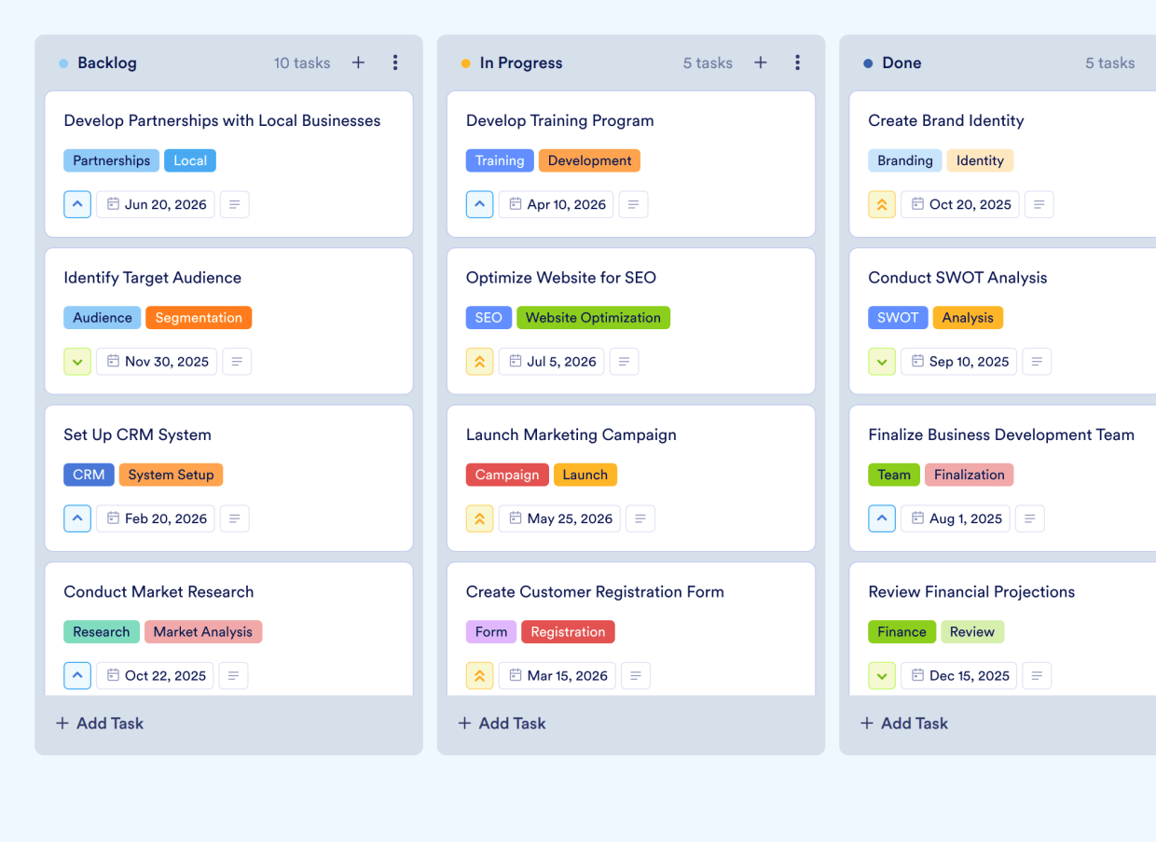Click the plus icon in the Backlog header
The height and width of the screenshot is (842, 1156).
(x=358, y=62)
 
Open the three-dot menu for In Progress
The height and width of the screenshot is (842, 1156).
(x=797, y=62)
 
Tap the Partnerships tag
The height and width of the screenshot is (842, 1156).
(x=111, y=160)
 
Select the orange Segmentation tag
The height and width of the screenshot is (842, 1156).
(x=199, y=318)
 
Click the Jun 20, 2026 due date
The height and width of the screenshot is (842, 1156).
(x=156, y=204)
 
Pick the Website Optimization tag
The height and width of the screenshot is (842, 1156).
(x=593, y=318)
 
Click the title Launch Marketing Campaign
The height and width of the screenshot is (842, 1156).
(x=571, y=435)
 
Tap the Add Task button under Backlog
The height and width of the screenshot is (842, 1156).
(x=100, y=723)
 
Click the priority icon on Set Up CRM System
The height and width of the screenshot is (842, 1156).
(x=77, y=518)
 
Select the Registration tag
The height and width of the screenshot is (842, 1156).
(x=568, y=632)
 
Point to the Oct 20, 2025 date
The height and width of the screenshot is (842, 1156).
(x=960, y=204)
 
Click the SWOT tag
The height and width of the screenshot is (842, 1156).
(x=898, y=318)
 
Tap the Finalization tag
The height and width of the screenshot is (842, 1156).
(x=969, y=475)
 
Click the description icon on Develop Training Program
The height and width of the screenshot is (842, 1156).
(x=634, y=204)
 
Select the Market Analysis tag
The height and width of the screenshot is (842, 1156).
(x=202, y=632)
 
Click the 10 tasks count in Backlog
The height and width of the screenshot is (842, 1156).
(x=302, y=62)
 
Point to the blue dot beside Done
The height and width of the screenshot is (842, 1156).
(x=868, y=63)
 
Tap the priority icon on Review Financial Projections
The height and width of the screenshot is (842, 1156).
(x=882, y=676)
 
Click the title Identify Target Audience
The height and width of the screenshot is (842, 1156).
(x=152, y=278)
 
